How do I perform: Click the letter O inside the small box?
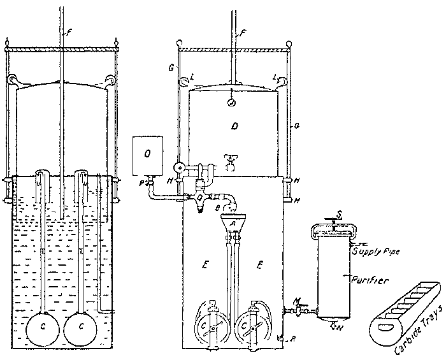(x=148, y=154)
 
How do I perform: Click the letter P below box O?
(x=142, y=182)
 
